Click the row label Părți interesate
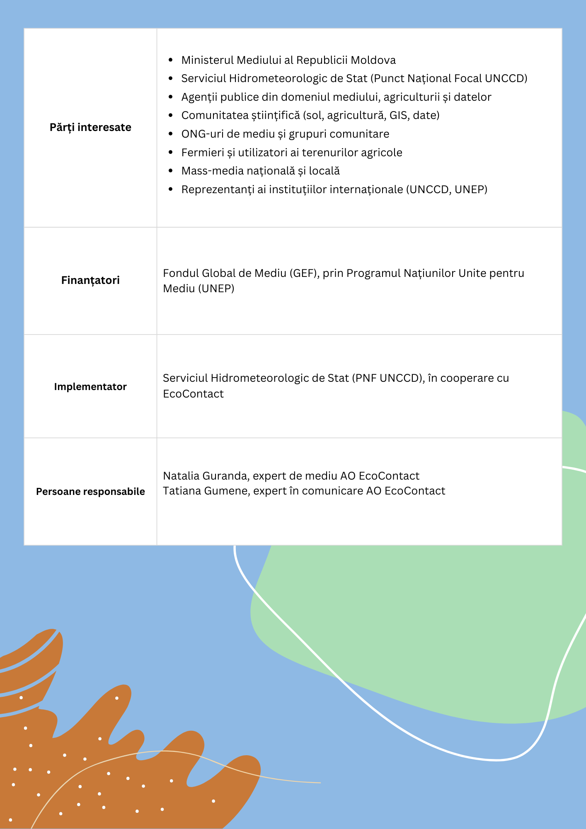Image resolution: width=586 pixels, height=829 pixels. click(x=90, y=127)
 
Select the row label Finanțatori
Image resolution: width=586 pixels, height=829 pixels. click(x=90, y=280)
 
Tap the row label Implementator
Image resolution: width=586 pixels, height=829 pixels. click(x=90, y=387)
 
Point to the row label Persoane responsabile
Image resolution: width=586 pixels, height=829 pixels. click(x=90, y=492)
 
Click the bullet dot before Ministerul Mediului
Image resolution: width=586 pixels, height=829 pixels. click(x=171, y=60)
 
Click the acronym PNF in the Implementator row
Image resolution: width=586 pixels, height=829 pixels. click(x=366, y=378)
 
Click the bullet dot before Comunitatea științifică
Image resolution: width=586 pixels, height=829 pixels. click(x=171, y=115)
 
